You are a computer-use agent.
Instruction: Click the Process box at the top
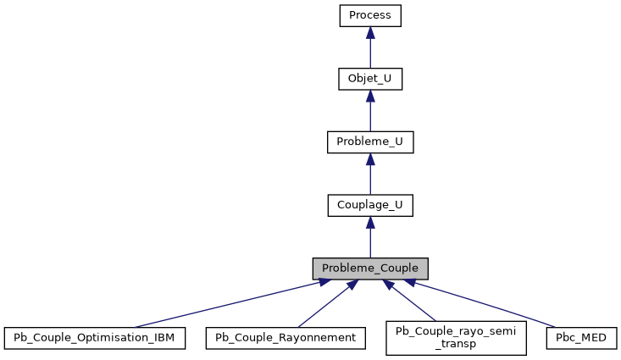tap(369, 15)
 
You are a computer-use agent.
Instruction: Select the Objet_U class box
tap(369, 79)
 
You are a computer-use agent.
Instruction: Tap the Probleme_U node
tap(369, 142)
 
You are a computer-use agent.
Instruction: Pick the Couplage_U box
tap(369, 205)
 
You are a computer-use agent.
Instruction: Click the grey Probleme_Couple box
tap(369, 269)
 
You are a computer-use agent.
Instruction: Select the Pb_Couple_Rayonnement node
tap(286, 338)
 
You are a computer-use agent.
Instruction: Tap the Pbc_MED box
tap(582, 338)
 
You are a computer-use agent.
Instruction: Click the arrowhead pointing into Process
tap(369, 33)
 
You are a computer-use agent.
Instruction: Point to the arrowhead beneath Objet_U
tap(369, 97)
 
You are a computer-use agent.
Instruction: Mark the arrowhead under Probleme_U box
tap(369, 160)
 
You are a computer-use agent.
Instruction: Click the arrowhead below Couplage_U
tap(369, 223)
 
